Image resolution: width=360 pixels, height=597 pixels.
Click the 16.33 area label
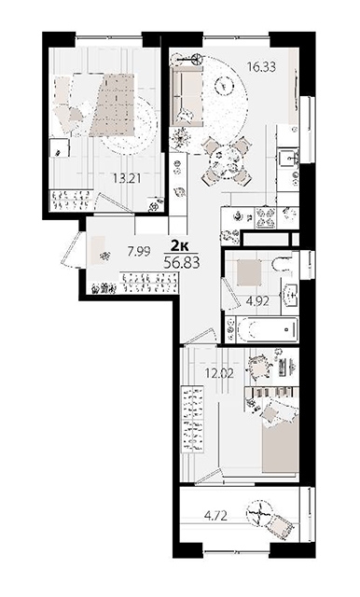pos(261,67)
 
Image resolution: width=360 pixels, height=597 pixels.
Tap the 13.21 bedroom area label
pos(127,177)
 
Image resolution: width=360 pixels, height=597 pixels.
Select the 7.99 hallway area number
pos(139,251)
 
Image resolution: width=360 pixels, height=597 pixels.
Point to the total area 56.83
pos(182,262)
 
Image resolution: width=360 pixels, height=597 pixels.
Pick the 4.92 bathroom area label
pos(257,301)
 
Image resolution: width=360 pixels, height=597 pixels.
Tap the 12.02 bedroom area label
pos(219,373)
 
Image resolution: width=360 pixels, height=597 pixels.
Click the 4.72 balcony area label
pos(215,516)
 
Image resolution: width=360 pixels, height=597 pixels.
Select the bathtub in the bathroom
pos(268,329)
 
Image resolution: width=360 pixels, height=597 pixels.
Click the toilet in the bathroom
pos(282,264)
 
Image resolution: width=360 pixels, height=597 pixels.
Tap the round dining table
pos(227,162)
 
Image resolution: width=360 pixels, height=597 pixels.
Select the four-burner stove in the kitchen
pos(267,217)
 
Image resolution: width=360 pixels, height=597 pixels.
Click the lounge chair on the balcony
pos(281,526)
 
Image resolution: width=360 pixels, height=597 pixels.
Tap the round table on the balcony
pos(259,512)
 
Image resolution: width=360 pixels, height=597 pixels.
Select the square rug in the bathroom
pos(249,272)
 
